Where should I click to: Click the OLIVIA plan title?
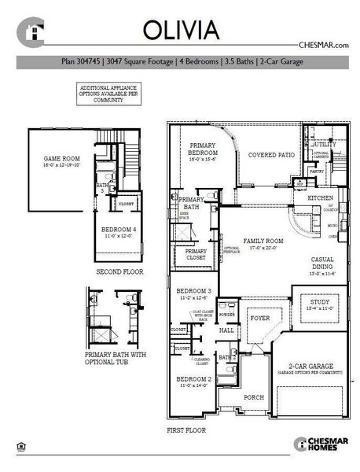click(180, 28)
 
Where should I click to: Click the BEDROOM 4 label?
click(112, 230)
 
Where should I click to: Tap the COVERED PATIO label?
click(271, 155)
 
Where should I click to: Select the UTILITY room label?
click(325, 145)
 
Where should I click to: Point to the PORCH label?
click(254, 397)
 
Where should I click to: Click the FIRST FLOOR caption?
click(186, 431)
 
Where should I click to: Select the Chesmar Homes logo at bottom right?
click(317, 444)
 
